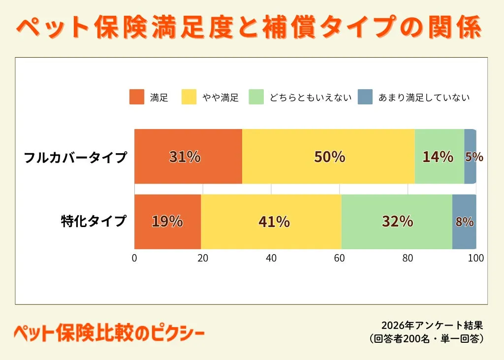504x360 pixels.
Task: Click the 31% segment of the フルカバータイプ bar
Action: pos(188,157)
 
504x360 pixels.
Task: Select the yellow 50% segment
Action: pos(328,157)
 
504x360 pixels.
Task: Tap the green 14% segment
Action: pos(439,157)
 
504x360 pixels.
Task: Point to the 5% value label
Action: pos(474,157)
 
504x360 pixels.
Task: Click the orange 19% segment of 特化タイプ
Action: pos(167,222)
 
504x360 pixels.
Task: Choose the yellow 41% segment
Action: pos(271,222)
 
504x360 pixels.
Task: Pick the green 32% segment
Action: pos(397,222)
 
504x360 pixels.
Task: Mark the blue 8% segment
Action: pos(464,222)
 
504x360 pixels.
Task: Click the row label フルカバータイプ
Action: pos(76,158)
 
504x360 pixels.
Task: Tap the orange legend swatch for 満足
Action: pos(137,97)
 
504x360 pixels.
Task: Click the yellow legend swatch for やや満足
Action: pos(189,97)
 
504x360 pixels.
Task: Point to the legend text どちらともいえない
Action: pos(310,98)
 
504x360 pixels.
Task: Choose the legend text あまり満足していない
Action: pos(424,98)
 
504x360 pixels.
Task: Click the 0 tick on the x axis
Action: pos(134,258)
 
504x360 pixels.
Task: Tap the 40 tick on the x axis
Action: pos(271,258)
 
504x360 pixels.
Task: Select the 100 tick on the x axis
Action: pos(476,258)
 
